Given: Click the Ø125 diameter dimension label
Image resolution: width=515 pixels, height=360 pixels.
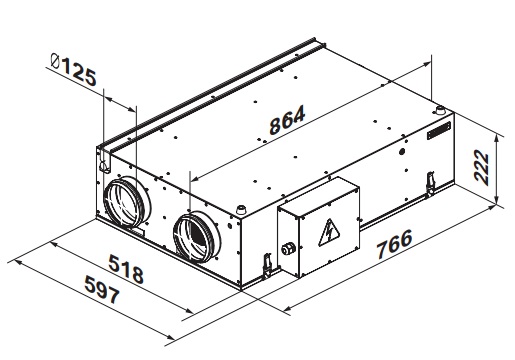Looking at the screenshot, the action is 74,69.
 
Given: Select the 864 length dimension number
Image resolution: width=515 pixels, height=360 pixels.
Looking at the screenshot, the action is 287,120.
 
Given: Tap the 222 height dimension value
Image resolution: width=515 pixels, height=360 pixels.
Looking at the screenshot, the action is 481,167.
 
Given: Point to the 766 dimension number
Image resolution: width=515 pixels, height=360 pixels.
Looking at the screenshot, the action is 394,244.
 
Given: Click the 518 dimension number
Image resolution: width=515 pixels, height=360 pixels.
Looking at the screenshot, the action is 126,269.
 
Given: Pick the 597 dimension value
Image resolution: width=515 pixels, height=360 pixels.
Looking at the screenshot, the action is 102,289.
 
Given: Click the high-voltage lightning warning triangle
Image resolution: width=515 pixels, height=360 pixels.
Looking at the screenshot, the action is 329,233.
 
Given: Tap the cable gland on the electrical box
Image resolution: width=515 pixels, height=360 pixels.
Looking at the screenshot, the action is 288,249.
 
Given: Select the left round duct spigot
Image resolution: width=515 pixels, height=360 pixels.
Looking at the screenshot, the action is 127,202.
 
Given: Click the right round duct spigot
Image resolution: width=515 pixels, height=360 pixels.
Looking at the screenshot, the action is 197,237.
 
